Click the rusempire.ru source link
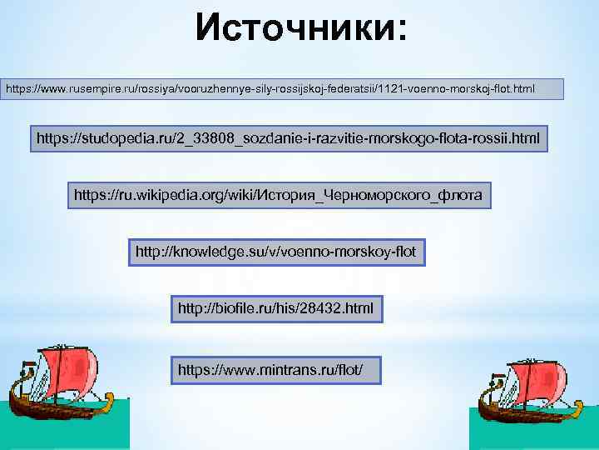click(x=283, y=87)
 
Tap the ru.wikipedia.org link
click(x=278, y=195)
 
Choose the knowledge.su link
click(x=275, y=250)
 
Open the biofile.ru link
click(x=275, y=309)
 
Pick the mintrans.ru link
click(x=275, y=367)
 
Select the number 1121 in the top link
click(x=389, y=87)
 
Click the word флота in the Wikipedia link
click(x=462, y=195)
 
